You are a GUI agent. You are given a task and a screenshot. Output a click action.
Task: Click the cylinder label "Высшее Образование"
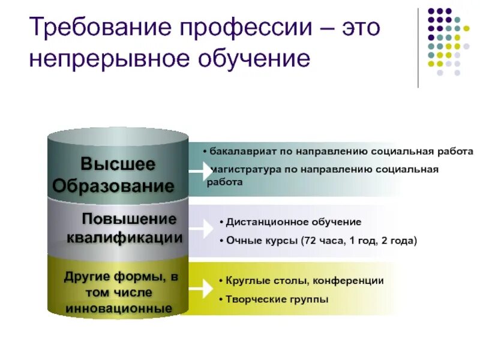click(118, 174)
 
